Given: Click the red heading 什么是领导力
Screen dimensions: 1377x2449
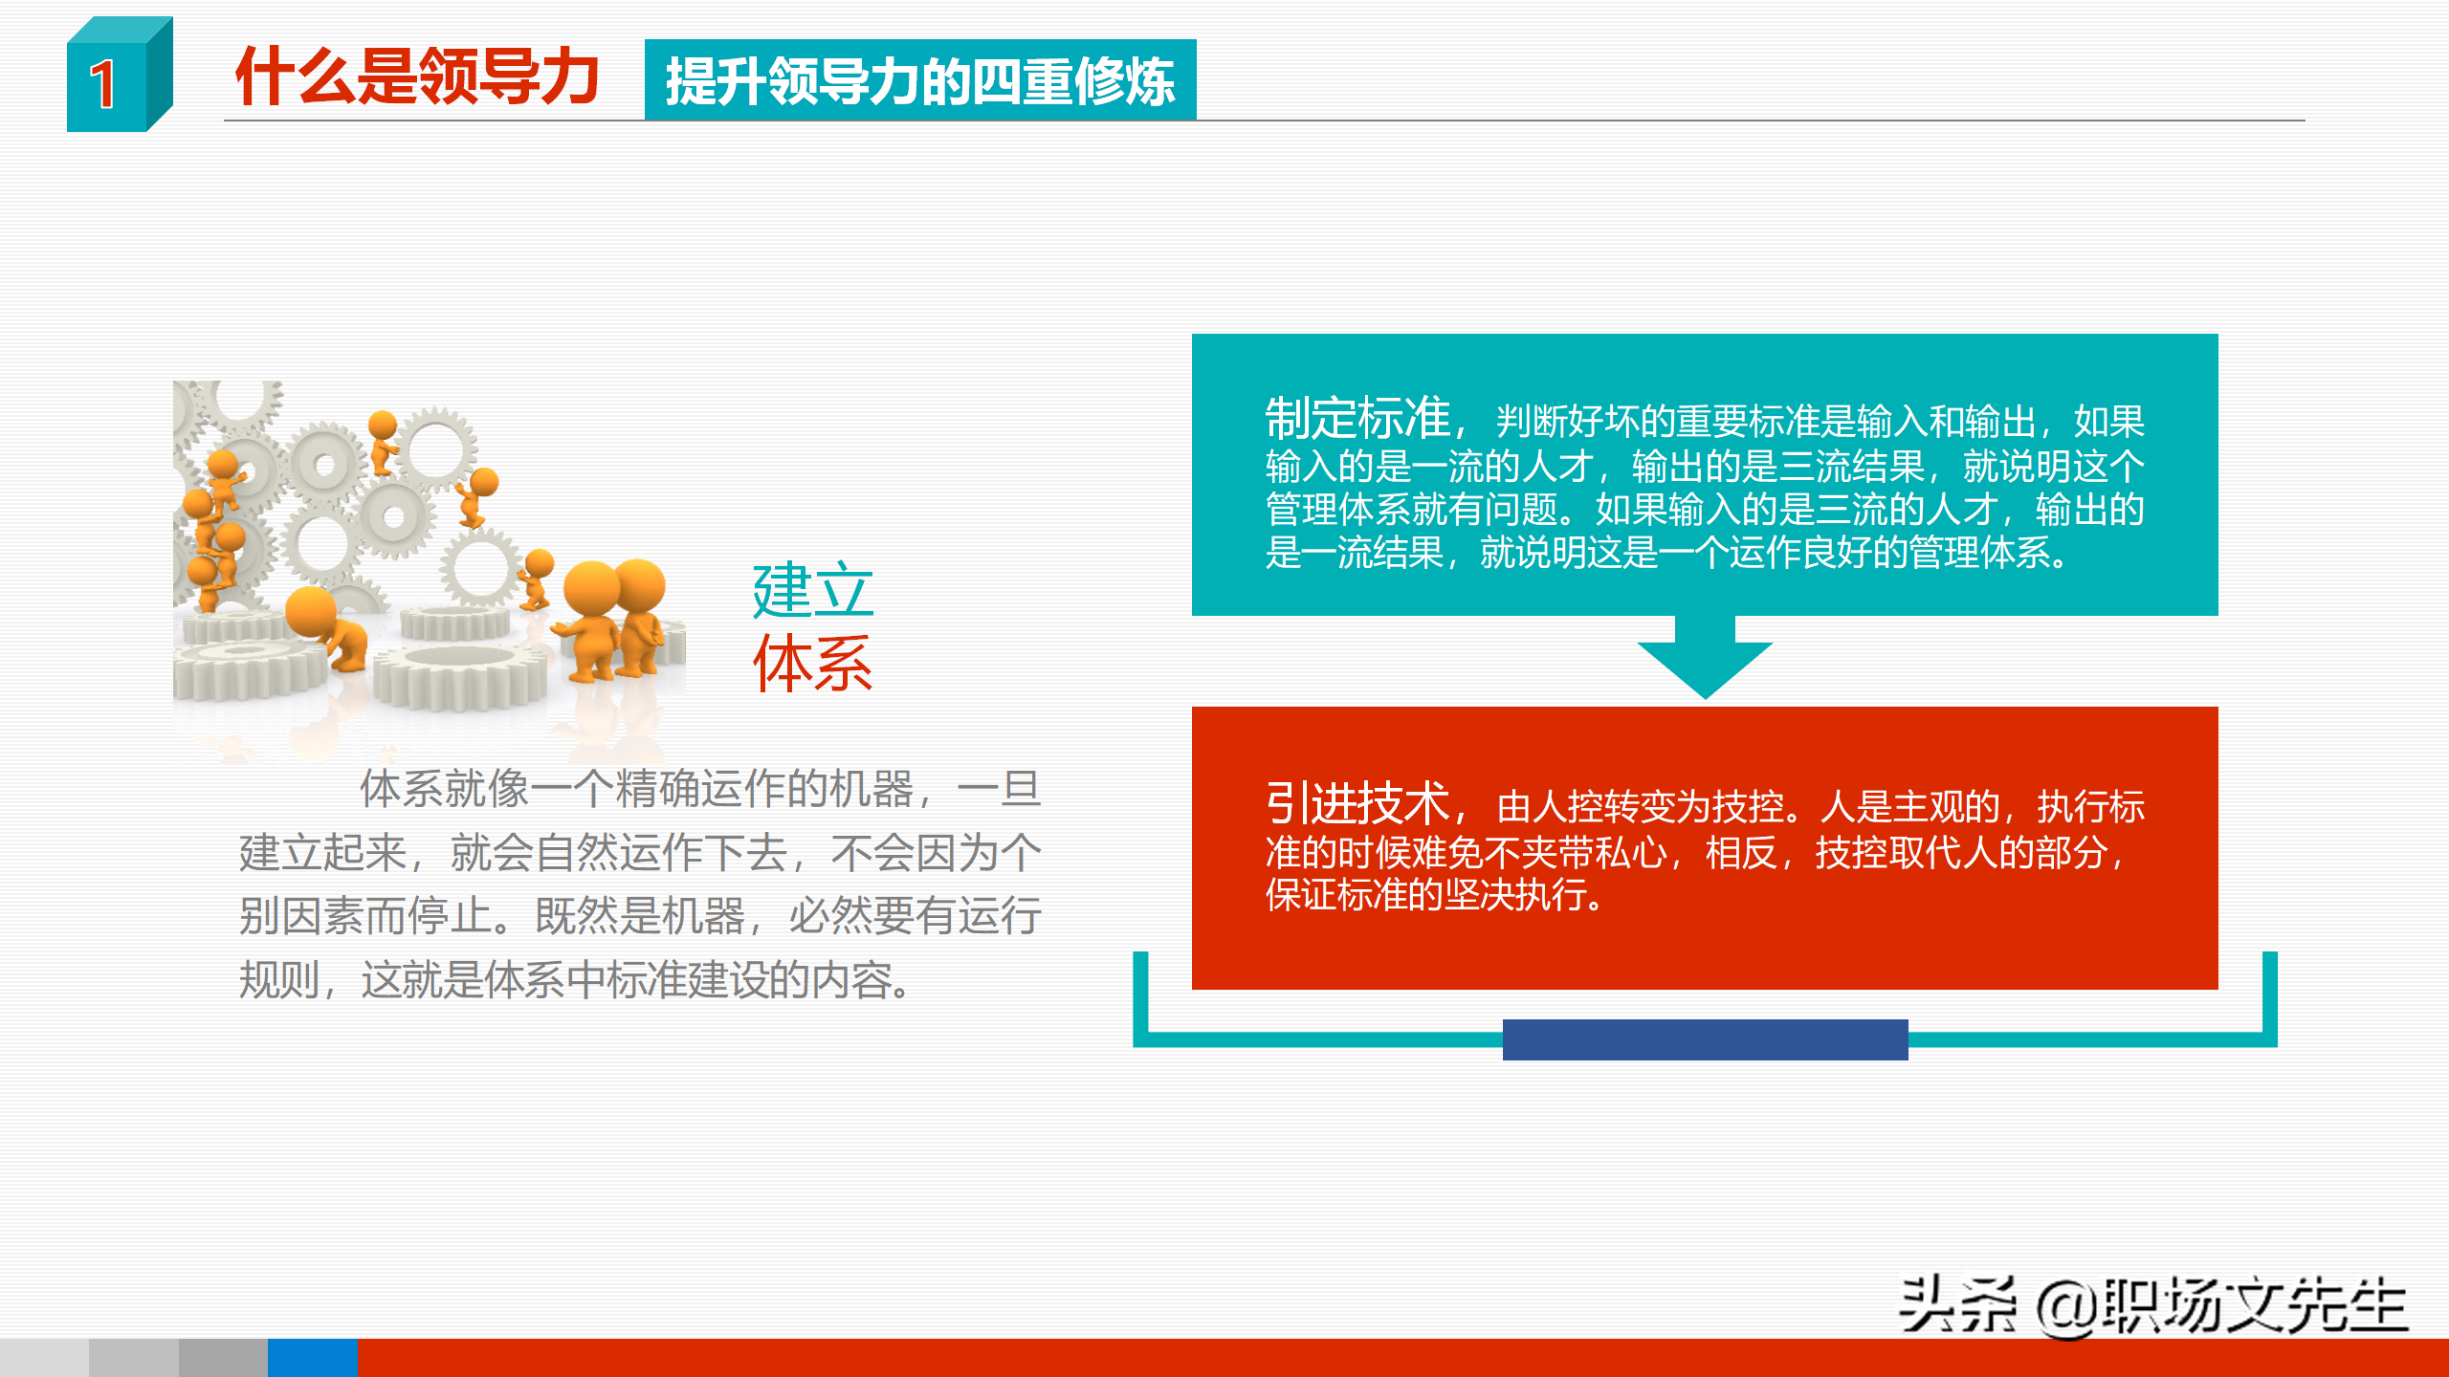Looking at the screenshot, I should click(x=417, y=76).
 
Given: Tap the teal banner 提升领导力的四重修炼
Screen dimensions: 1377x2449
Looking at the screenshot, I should click(x=919, y=80).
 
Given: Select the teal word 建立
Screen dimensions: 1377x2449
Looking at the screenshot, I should click(x=812, y=591).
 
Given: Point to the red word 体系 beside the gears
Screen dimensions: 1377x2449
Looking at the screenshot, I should click(x=812, y=664).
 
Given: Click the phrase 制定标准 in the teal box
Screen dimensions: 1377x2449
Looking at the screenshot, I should click(x=1357, y=419).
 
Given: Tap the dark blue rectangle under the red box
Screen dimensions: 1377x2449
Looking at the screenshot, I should click(x=1705, y=1039).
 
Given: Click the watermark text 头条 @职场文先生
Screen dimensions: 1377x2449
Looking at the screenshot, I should click(x=2152, y=1305).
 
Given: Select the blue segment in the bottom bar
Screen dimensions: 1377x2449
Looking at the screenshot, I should click(x=312, y=1358).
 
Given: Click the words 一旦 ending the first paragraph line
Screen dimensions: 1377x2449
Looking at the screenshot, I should click(x=999, y=790).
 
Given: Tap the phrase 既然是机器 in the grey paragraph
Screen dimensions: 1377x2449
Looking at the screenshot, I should click(x=639, y=916).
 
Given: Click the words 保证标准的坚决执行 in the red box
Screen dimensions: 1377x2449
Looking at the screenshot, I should click(x=1425, y=895).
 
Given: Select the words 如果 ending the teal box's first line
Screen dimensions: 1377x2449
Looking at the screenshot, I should click(x=2108, y=422).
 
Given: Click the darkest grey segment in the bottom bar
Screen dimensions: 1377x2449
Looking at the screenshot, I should click(x=223, y=1358).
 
